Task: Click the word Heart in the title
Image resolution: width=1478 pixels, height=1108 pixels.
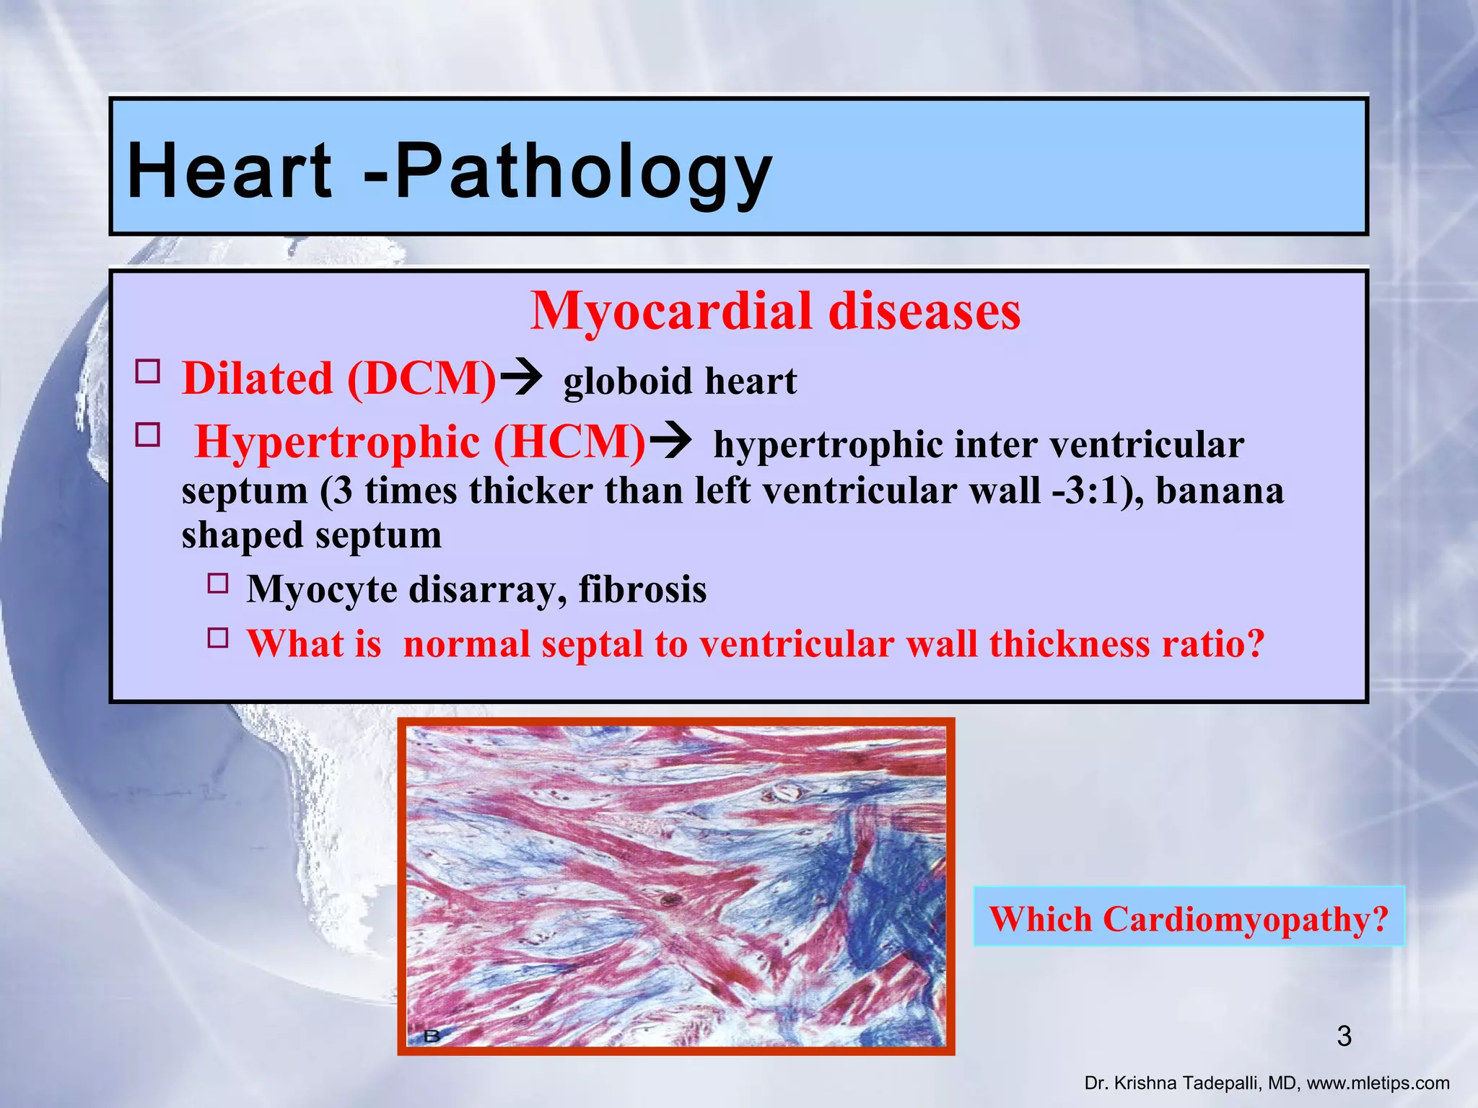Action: [x=229, y=170]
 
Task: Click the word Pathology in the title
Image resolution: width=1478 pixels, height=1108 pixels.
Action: [x=583, y=172]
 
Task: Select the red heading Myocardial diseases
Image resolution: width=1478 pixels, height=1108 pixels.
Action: [x=775, y=312]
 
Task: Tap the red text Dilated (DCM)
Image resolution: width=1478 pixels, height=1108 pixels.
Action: [x=339, y=378]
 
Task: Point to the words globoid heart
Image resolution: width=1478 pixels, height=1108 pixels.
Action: [x=680, y=381]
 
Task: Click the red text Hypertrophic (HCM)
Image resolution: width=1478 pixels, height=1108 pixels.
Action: [x=420, y=441]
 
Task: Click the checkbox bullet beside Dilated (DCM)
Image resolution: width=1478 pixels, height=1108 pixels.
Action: [x=148, y=372]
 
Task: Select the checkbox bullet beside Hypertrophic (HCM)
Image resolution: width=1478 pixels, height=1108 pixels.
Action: [x=148, y=435]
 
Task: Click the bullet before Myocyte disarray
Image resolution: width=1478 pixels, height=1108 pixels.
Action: [x=217, y=583]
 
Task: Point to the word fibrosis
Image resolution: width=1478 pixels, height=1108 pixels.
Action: [x=642, y=589]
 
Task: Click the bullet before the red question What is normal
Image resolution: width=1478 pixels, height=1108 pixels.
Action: [x=217, y=638]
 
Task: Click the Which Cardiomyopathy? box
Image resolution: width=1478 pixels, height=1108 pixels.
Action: [x=1189, y=918]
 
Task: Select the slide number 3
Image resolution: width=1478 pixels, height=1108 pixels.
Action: [x=1344, y=1037]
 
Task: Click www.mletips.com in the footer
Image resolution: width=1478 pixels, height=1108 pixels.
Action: [x=1378, y=1083]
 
